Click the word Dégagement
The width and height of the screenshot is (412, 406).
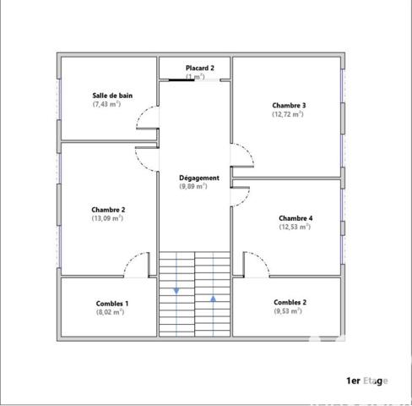click(199, 178)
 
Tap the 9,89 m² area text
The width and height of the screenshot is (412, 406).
click(193, 186)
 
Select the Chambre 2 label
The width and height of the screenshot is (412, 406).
click(108, 209)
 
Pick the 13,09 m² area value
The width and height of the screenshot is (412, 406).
click(108, 217)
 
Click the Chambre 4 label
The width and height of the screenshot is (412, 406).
click(295, 217)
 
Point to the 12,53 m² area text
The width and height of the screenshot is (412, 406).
click(295, 226)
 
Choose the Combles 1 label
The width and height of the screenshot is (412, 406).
click(111, 303)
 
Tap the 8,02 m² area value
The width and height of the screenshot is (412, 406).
click(111, 311)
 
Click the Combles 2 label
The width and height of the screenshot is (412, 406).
click(290, 302)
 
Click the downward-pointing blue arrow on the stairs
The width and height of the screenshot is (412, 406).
click(176, 291)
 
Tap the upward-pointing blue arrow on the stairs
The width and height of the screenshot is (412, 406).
click(213, 298)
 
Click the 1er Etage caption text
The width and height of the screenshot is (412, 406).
click(367, 381)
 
